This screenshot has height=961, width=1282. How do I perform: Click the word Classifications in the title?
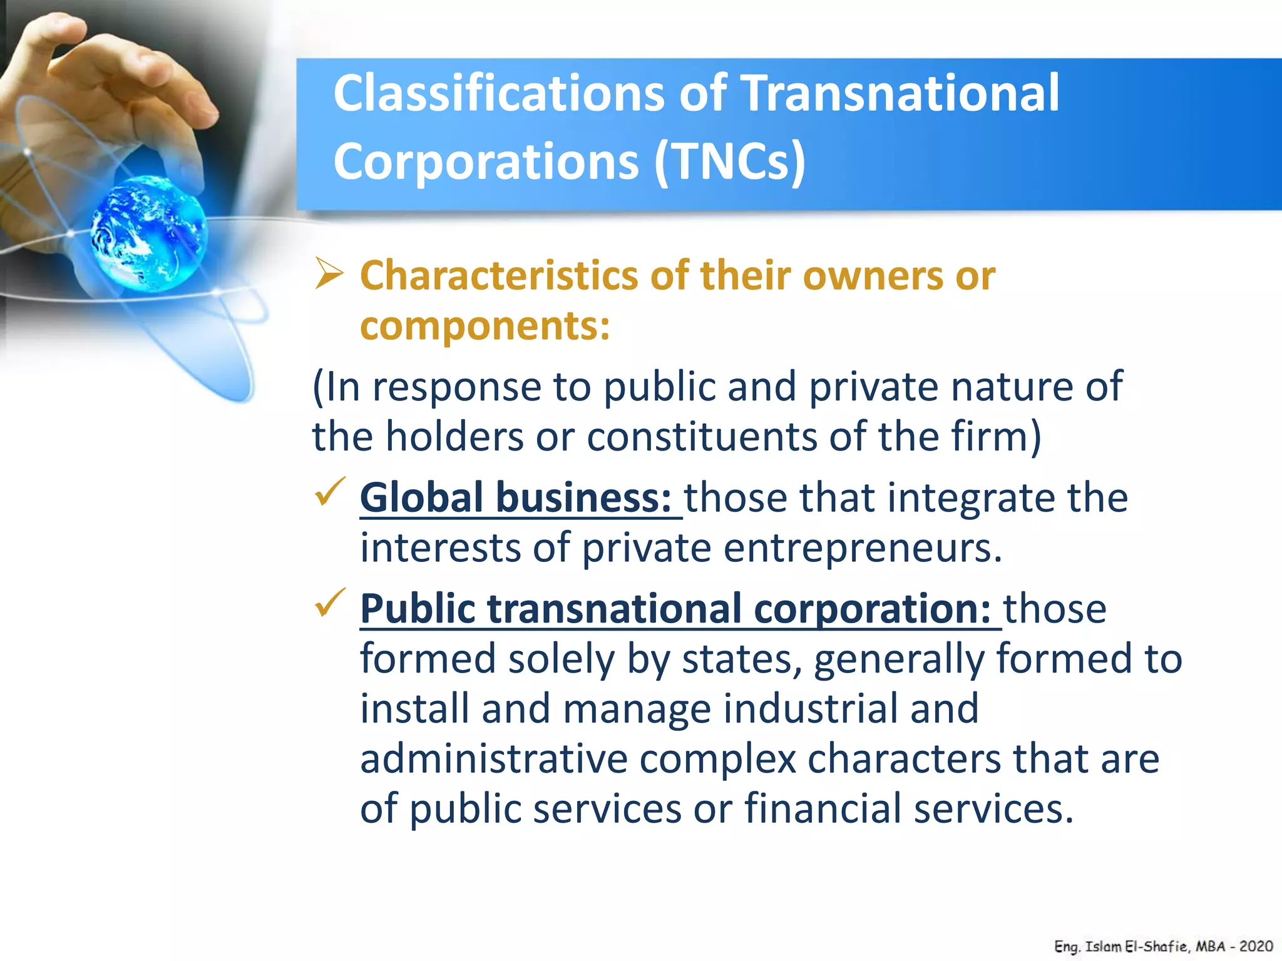click(x=498, y=94)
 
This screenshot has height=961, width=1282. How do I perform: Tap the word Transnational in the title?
click(x=901, y=94)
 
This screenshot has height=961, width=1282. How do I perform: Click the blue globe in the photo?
click(x=149, y=235)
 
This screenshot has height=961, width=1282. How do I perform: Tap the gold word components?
click(x=485, y=326)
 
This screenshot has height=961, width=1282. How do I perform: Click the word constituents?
click(x=702, y=436)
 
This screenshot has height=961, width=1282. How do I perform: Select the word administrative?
click(x=494, y=759)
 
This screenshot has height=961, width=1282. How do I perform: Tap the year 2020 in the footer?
click(x=1256, y=946)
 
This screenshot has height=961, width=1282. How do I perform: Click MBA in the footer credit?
click(x=1210, y=946)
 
